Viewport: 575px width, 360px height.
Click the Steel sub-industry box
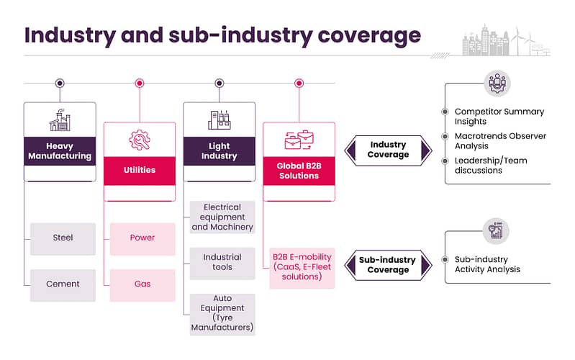63,239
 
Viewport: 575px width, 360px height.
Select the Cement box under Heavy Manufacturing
63,285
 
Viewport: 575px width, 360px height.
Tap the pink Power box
142,239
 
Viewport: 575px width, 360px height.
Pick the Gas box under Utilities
142,285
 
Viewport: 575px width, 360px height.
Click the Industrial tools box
222,263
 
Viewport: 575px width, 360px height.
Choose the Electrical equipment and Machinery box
222,217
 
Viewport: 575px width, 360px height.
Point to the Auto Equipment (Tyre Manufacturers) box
222,314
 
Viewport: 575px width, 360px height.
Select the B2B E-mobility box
302,268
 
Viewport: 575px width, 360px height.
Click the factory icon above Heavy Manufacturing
60,120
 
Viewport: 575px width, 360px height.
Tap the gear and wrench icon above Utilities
140,140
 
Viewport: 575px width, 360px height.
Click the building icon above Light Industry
219,120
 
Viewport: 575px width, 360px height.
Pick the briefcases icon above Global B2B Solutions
299,140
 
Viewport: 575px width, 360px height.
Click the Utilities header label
140,170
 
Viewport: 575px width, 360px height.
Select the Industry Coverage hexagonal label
388,150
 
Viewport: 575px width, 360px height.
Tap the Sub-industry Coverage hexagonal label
388,265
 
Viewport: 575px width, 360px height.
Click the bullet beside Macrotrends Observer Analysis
445,137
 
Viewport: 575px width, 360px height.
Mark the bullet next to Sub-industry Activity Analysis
445,259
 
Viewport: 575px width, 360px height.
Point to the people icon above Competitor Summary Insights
497,84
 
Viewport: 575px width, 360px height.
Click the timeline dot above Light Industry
219,84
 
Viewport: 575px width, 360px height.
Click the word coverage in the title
369,36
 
